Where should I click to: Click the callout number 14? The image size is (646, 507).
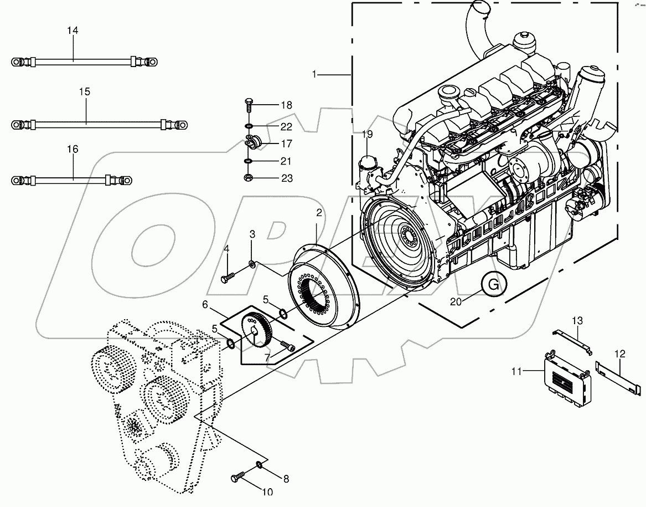[x=73, y=30]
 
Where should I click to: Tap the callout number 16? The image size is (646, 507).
[x=73, y=149]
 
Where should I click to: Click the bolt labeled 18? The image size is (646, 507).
[x=248, y=104]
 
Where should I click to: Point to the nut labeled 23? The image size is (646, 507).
[x=249, y=178]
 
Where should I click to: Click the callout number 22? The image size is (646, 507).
[x=286, y=127]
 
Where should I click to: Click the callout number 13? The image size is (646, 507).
[x=578, y=320]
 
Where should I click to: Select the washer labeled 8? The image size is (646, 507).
[x=260, y=464]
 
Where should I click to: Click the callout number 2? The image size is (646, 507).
[x=319, y=212]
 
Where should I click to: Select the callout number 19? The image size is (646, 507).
[x=368, y=134]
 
